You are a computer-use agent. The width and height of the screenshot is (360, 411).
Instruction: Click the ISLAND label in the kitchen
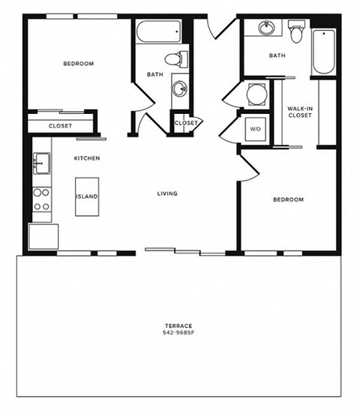point(86,196)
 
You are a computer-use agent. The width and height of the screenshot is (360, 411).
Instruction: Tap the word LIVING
point(166,193)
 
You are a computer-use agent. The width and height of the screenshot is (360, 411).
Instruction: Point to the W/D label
point(255,129)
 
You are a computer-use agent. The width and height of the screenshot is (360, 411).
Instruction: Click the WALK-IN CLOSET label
point(299,113)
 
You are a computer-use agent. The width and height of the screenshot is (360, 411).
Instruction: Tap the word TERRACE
point(178,325)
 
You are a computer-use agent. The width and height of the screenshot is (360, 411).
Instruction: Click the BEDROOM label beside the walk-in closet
point(287,199)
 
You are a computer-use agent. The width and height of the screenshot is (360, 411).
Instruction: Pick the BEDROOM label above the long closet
point(78,64)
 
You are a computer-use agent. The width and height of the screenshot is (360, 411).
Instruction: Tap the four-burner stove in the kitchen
point(41,199)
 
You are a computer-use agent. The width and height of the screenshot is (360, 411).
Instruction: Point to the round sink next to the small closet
point(181,89)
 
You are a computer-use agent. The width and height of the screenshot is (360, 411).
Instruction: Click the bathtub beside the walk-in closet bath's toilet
point(322,52)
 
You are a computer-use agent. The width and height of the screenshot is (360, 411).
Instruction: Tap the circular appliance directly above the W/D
point(256,95)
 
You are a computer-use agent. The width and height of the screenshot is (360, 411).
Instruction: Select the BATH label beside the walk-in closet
point(277,55)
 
